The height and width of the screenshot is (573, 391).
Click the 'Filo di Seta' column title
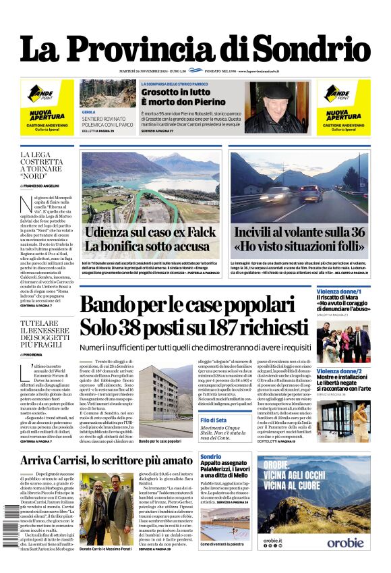click(214, 420)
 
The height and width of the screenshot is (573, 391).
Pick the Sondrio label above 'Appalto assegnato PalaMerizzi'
click(211, 458)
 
